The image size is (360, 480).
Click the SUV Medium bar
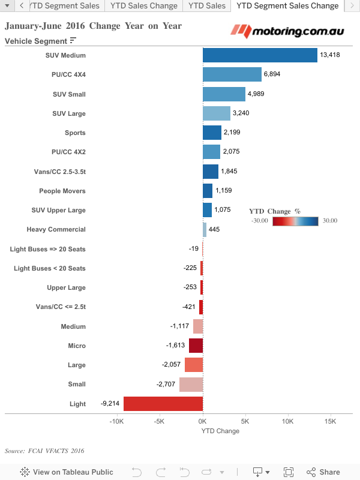click(x=260, y=55)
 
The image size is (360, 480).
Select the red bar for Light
click(x=163, y=404)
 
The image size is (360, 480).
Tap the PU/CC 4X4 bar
click(x=232, y=74)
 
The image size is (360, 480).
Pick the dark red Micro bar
click(x=196, y=346)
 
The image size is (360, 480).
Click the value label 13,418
click(x=330, y=55)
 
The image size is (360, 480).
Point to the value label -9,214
click(x=111, y=404)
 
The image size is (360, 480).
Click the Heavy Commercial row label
click(x=56, y=229)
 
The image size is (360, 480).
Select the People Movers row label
click(x=62, y=191)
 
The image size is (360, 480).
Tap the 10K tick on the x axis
click(x=288, y=421)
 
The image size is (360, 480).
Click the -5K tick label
click(x=159, y=421)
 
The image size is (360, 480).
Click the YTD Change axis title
click(x=220, y=431)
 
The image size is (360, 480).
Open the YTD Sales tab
click(x=207, y=6)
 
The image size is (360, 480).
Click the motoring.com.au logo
click(x=291, y=30)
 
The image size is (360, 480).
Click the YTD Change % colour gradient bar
click(x=296, y=221)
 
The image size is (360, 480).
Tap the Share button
click(x=323, y=472)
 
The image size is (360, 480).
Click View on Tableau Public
click(x=67, y=472)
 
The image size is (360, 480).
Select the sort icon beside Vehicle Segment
click(x=73, y=41)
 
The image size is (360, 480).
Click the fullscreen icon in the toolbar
click(x=289, y=472)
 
